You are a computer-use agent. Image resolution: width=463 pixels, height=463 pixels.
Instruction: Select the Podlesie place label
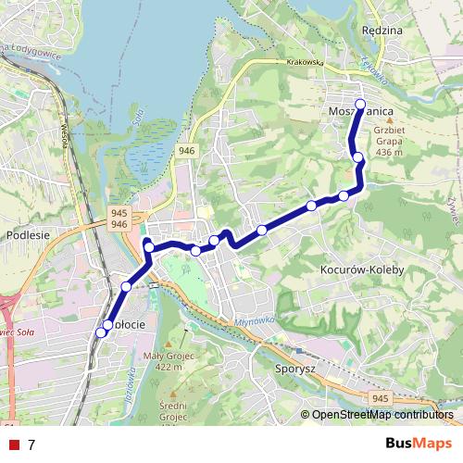click(x=26, y=235)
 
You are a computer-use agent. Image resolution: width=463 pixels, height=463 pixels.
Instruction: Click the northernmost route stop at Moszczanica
click(x=360, y=104)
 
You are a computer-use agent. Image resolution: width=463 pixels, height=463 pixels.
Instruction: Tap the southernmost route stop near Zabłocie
click(x=101, y=333)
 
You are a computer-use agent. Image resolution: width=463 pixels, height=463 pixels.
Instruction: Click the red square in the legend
click(x=13, y=444)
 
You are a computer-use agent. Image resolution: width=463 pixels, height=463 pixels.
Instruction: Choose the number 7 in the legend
click(x=31, y=444)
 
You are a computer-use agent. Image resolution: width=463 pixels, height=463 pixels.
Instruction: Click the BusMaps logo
click(x=412, y=444)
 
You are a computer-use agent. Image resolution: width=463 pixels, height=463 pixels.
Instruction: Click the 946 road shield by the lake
click(x=187, y=151)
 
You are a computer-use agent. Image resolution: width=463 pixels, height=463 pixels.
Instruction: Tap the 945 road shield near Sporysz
click(x=380, y=397)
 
